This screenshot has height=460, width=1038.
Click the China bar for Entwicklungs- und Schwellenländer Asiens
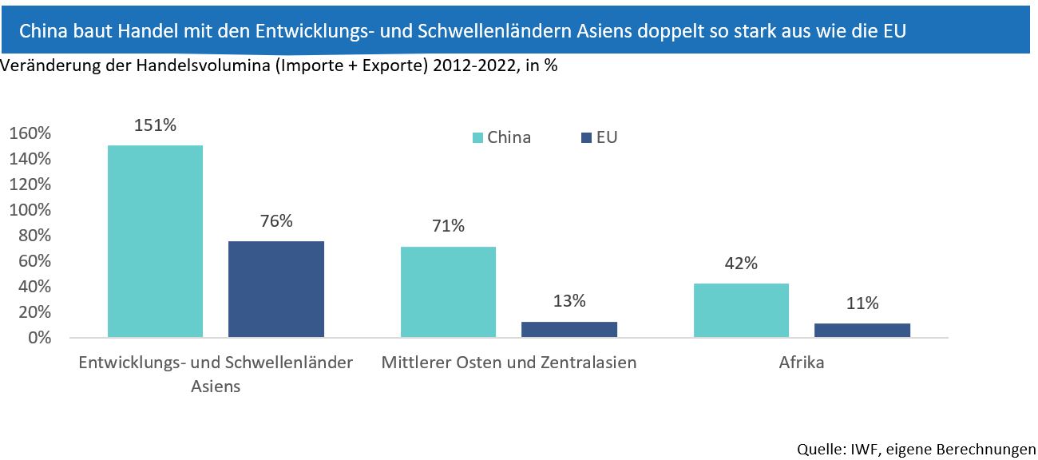click(155, 241)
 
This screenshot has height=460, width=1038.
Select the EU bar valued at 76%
click(276, 288)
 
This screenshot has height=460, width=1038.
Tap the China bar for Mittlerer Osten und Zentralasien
click(448, 291)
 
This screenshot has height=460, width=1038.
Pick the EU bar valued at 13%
click(569, 329)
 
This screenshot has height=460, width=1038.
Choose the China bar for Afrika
click(741, 310)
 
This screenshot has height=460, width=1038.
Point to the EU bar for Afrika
click(862, 330)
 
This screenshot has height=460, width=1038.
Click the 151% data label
click(156, 125)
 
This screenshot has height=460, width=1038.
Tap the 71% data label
click(448, 226)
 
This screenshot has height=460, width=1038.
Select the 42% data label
click(741, 264)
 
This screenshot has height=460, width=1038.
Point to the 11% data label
click(862, 303)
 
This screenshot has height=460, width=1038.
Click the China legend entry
click(501, 137)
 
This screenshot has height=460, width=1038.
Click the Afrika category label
click(802, 363)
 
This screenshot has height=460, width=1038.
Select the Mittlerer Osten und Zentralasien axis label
click(509, 363)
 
